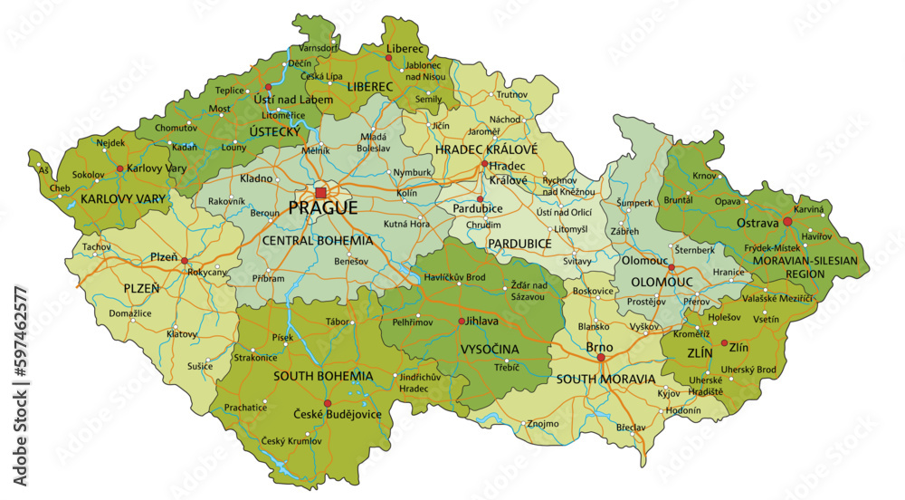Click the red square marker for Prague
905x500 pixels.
tap(321, 193)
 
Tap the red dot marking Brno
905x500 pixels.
tap(600, 358)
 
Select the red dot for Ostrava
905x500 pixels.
tap(787, 222)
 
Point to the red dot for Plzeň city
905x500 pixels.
tap(185, 261)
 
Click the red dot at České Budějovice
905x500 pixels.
tap(328, 403)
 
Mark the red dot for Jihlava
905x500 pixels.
tap(462, 322)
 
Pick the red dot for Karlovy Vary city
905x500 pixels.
tap(120, 169)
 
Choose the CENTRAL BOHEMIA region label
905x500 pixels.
tap(317, 241)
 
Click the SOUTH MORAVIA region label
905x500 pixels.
tap(605, 379)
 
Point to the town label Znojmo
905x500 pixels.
tap(543, 423)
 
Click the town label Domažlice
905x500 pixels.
tap(131, 312)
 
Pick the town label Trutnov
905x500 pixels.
tap(511, 94)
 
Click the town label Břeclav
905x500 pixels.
tap(630, 427)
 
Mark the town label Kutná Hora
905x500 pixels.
tap(405, 223)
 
